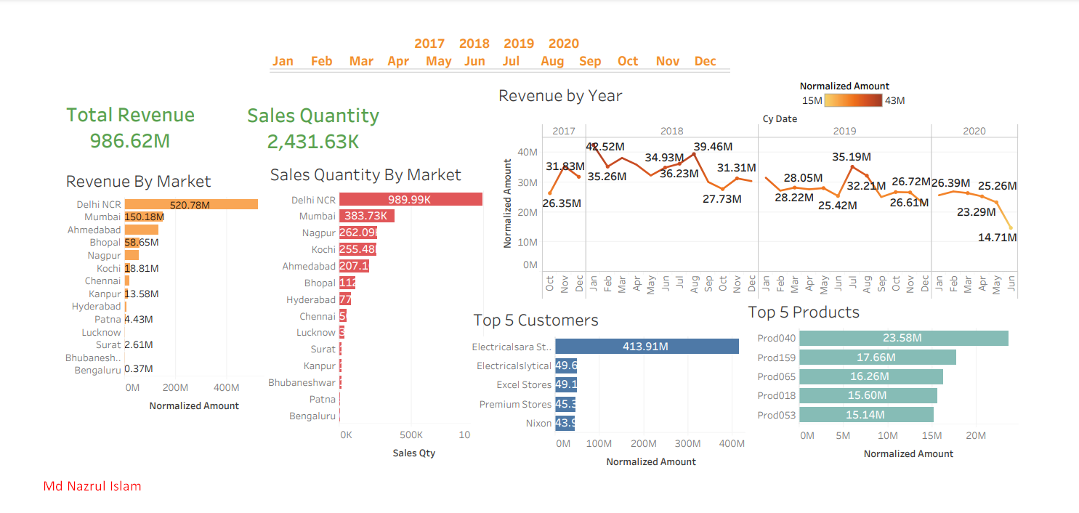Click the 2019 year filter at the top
point(518,44)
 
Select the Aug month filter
point(552,61)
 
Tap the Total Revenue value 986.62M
point(130,140)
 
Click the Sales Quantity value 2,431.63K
point(313,142)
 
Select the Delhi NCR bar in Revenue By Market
point(190,204)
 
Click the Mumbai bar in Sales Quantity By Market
point(367,216)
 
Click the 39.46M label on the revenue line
point(713,147)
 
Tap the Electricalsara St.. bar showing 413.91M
point(647,347)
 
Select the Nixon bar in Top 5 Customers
point(565,423)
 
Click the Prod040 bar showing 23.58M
point(903,338)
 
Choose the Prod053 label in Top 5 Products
point(776,415)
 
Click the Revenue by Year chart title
point(560,96)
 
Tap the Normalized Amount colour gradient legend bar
point(853,100)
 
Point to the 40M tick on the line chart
point(527,152)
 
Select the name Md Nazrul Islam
point(92,486)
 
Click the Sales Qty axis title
point(414,453)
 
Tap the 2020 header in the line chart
point(974,131)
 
